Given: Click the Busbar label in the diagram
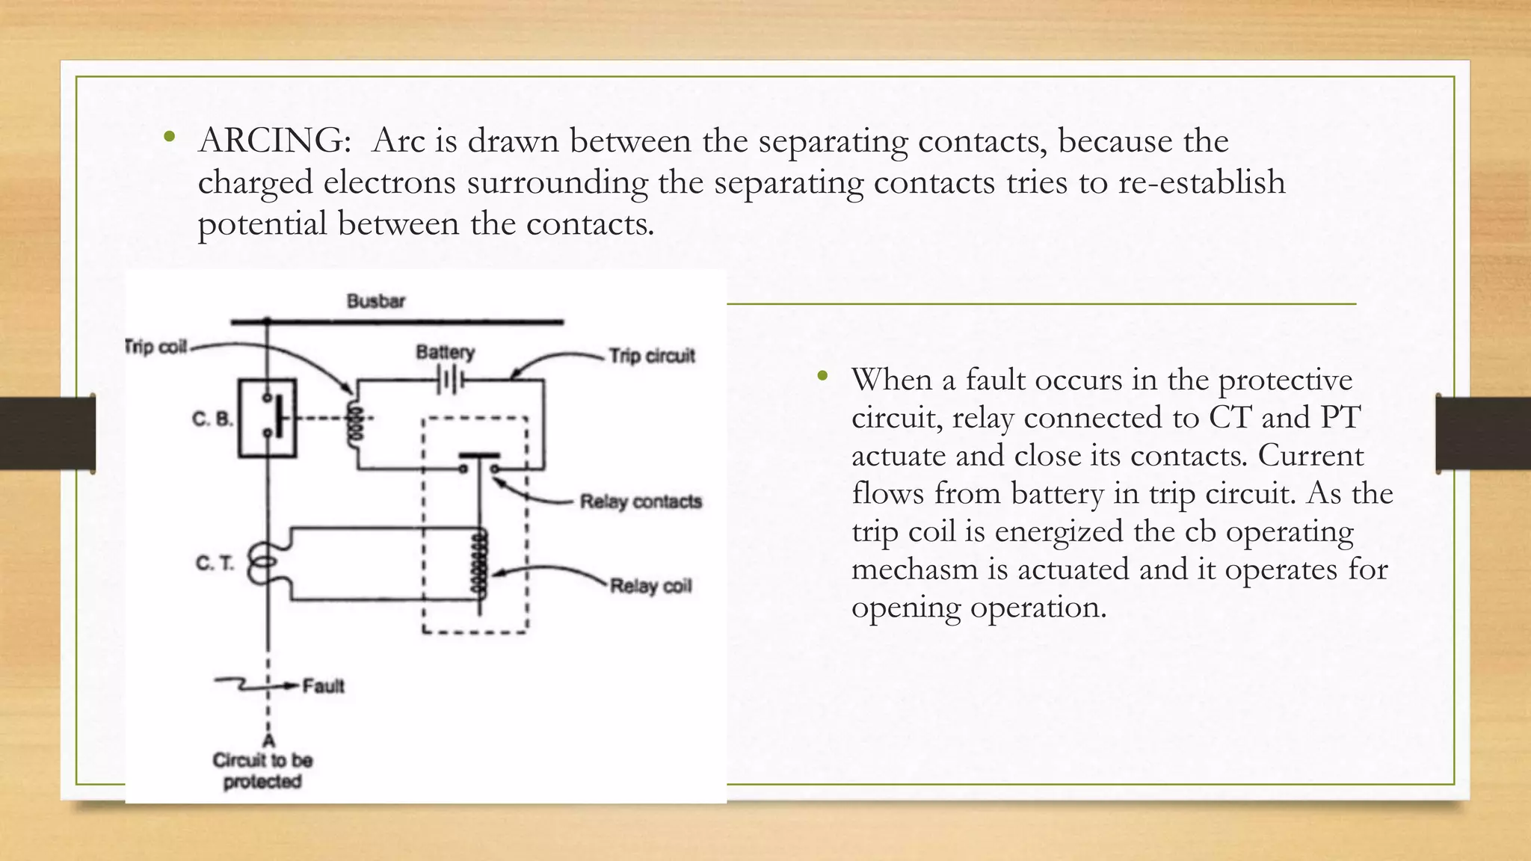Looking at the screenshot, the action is click(x=375, y=301).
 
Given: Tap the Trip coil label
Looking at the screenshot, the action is click(x=155, y=347).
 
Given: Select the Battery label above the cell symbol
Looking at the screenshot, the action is click(x=446, y=351).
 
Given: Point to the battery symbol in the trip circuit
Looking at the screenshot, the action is click(x=451, y=381).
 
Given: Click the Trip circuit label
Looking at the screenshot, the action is click(x=651, y=356).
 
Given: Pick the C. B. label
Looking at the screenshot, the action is click(x=212, y=419).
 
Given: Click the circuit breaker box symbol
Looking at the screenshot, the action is click(x=267, y=418).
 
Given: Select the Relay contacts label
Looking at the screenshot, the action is click(x=641, y=501).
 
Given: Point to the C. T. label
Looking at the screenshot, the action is click(x=215, y=563).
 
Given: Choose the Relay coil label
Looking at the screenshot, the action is click(x=650, y=585).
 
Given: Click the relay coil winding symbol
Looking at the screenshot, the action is click(x=479, y=565).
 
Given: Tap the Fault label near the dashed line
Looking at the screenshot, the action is click(x=323, y=685).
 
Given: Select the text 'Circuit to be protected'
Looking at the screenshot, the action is click(x=262, y=771).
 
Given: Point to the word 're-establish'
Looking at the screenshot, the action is click(x=1201, y=182).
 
